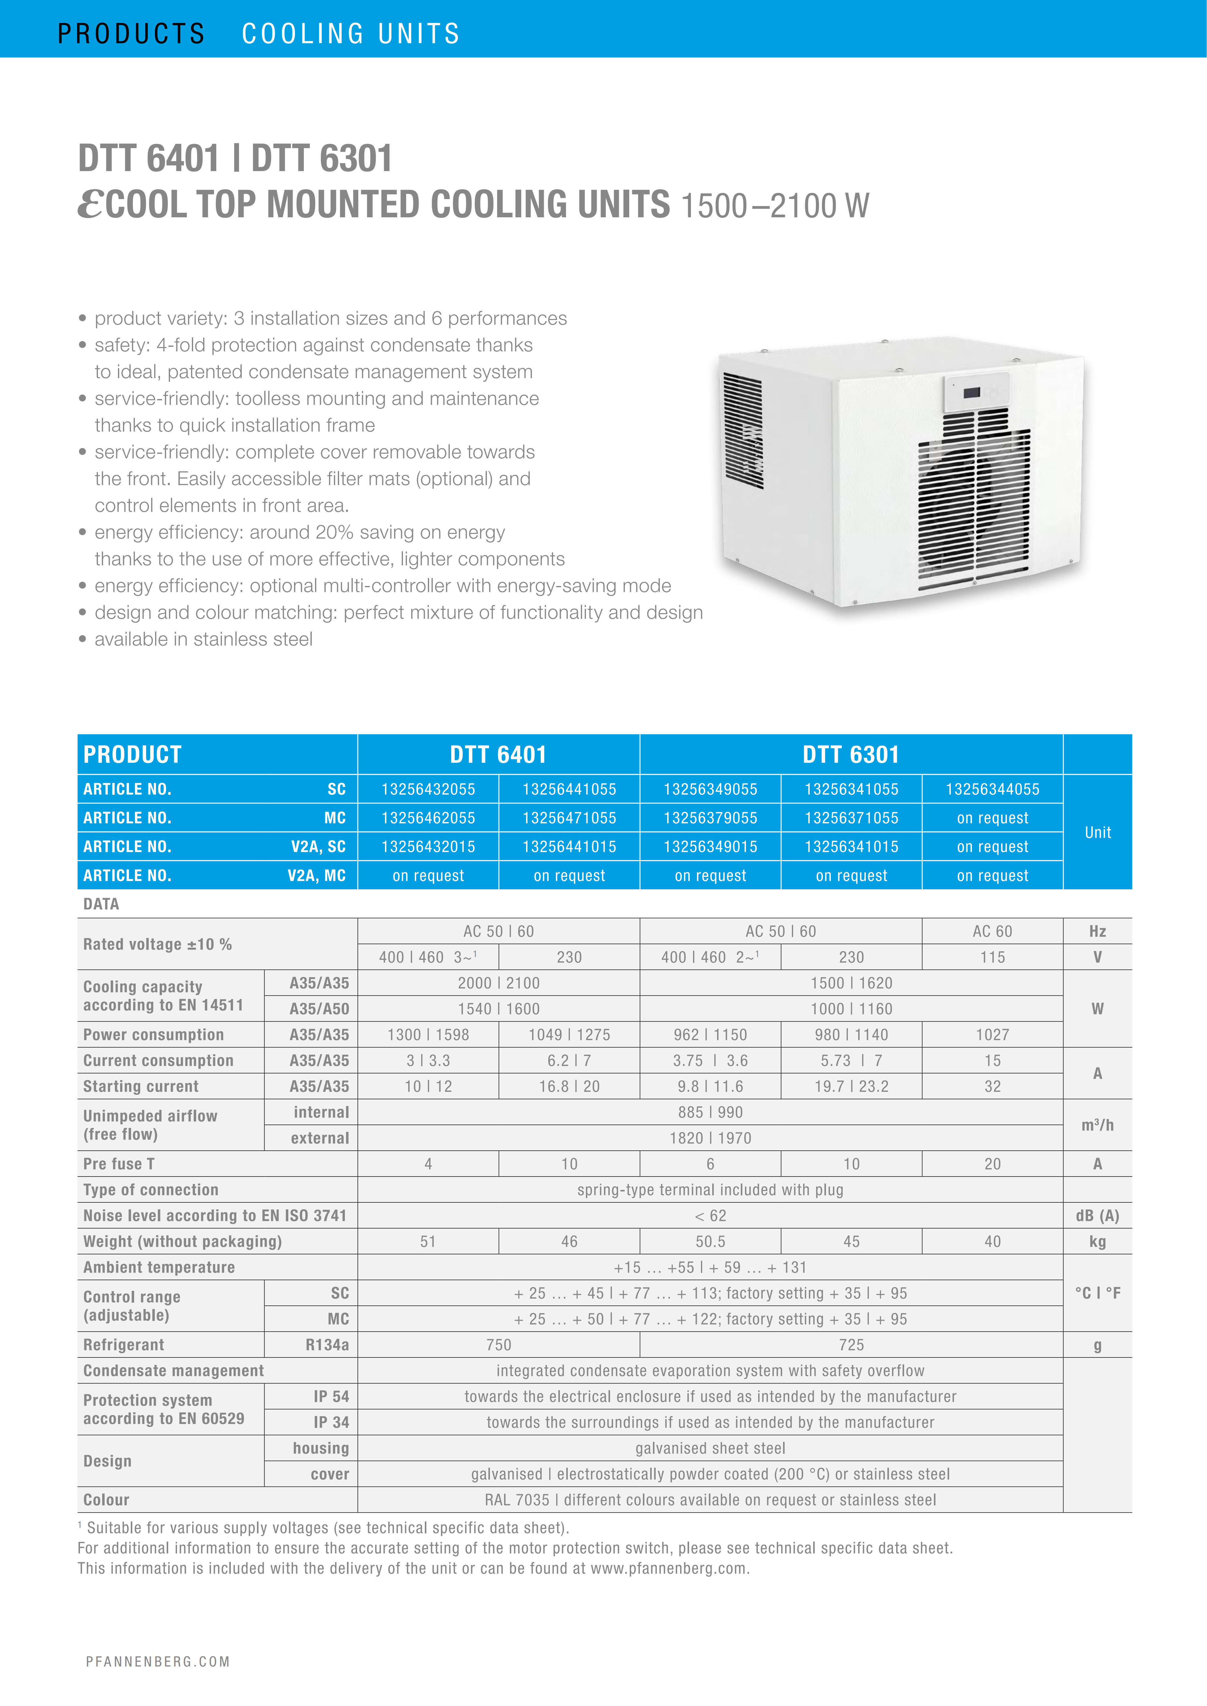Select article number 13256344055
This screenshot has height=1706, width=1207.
click(x=992, y=789)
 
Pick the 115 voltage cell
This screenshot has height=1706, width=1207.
click(x=992, y=957)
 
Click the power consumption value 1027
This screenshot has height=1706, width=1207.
click(x=992, y=1034)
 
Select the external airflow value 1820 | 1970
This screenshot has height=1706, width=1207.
click(x=710, y=1138)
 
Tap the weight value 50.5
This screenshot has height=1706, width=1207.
click(x=710, y=1241)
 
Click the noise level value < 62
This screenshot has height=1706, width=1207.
click(x=710, y=1216)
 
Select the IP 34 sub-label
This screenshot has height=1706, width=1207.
click(x=331, y=1422)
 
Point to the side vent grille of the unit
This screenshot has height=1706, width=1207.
click(x=743, y=431)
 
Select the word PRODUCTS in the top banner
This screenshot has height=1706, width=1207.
click(x=131, y=33)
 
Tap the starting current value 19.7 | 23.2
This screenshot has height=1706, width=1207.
click(x=851, y=1086)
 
